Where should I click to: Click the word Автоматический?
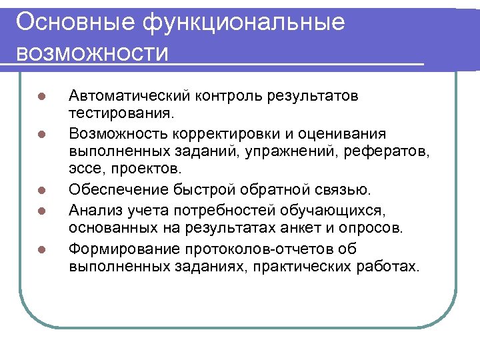129,96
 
